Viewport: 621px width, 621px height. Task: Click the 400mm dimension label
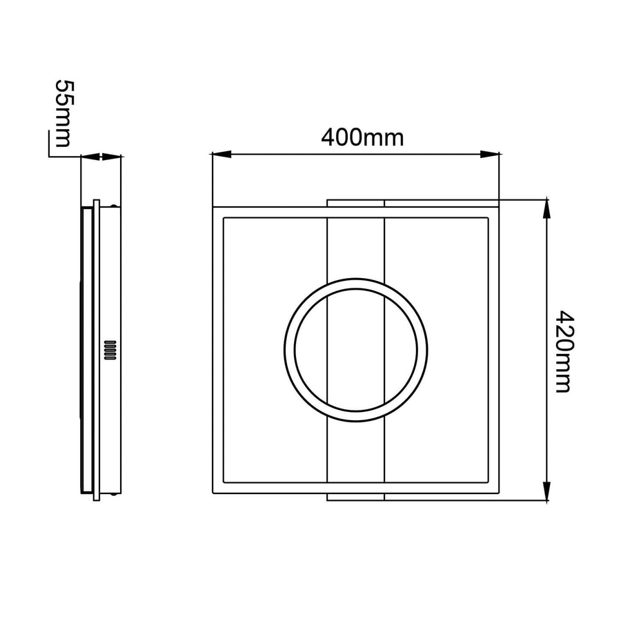tap(362, 138)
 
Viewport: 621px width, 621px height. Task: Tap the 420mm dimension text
tap(564, 351)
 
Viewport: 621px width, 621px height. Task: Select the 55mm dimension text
tap(63, 113)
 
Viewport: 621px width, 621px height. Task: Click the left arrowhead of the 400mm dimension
tap(221, 154)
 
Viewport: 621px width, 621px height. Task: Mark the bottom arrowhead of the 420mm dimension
tap(546, 491)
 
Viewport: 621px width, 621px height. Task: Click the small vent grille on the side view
tap(110, 350)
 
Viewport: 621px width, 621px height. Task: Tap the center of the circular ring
tap(355, 350)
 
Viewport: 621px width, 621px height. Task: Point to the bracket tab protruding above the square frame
tap(355, 203)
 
